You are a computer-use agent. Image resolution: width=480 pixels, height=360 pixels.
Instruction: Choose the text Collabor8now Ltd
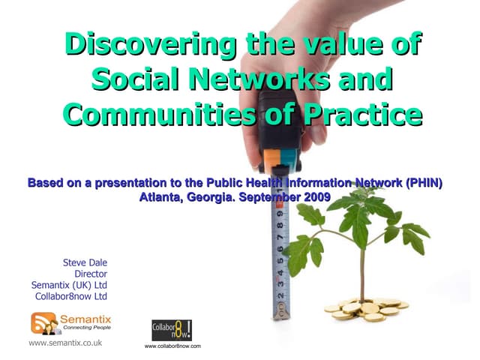click(x=71, y=296)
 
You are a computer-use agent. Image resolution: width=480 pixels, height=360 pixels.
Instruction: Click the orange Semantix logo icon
click(x=43, y=323)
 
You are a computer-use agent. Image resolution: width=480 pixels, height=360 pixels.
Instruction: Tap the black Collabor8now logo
click(x=172, y=331)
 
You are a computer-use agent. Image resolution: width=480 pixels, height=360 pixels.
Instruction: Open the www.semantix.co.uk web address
click(x=65, y=343)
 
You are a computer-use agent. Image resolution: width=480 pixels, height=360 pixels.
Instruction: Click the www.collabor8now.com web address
click(x=172, y=346)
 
